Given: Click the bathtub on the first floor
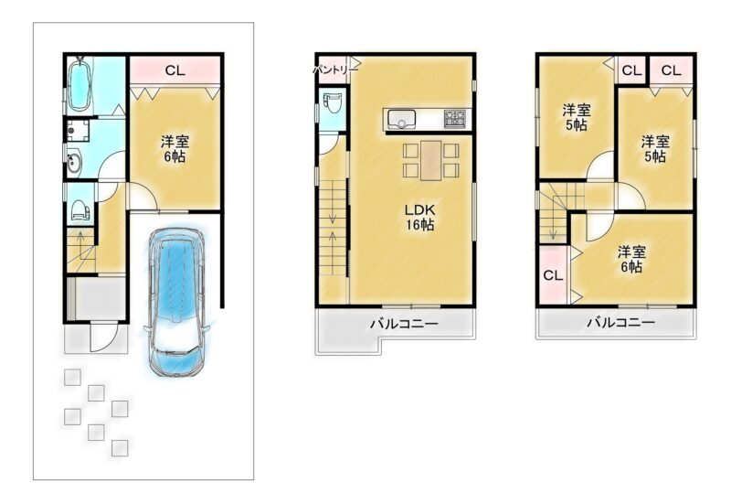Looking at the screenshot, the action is pyautogui.click(x=79, y=85).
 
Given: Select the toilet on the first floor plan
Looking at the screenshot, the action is pyautogui.click(x=80, y=210).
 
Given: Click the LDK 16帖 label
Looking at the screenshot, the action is pyautogui.click(x=419, y=217).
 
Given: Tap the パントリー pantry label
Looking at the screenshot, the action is pyautogui.click(x=334, y=70).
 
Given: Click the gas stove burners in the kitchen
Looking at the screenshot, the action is pyautogui.click(x=454, y=119).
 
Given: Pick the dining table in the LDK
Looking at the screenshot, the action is pyautogui.click(x=430, y=160).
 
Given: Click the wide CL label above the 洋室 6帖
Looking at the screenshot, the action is pyautogui.click(x=175, y=70).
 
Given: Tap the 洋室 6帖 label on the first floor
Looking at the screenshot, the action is pyautogui.click(x=175, y=149).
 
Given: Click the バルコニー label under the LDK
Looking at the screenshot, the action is pyautogui.click(x=404, y=324).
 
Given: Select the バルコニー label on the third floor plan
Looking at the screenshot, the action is pyautogui.click(x=620, y=322).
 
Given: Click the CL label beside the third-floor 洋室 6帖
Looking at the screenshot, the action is pyautogui.click(x=553, y=275).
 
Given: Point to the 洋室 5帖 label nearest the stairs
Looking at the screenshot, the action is pyautogui.click(x=577, y=118).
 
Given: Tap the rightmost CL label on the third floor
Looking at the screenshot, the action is pyautogui.click(x=671, y=70).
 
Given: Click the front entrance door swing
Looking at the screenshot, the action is pyautogui.click(x=102, y=337).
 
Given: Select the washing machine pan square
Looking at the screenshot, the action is pyautogui.click(x=78, y=131).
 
